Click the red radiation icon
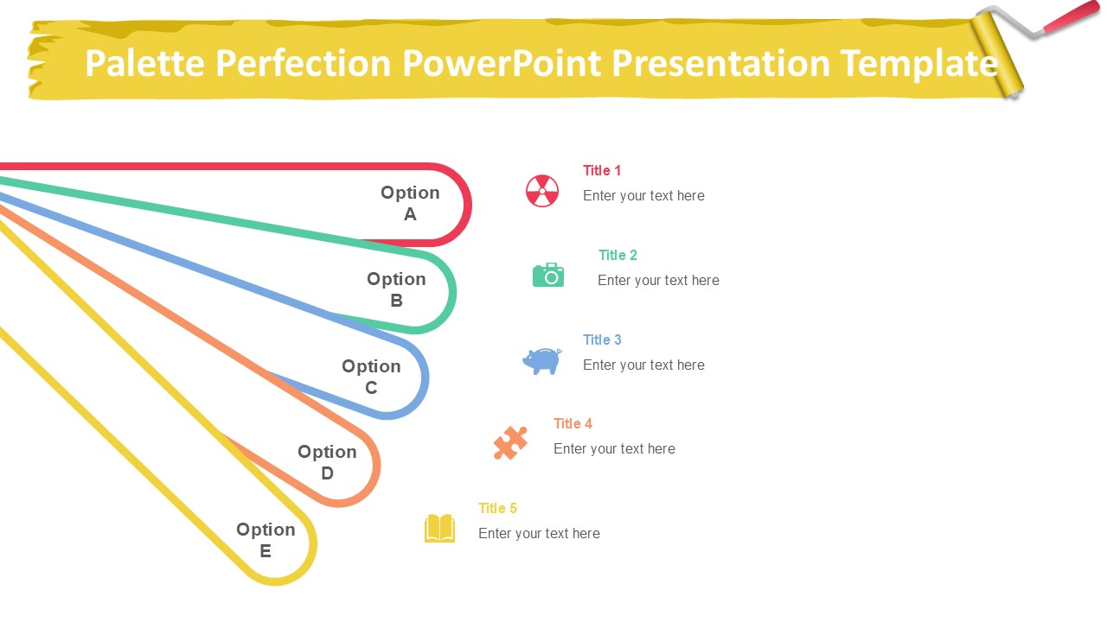[x=542, y=191]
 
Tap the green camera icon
[x=548, y=275]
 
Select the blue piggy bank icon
[x=542, y=361]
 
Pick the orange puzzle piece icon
[x=510, y=443]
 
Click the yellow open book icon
[x=439, y=528]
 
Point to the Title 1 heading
[x=601, y=170]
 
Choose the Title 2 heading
[x=617, y=255]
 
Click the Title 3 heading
[x=602, y=340]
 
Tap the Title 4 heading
[x=573, y=423]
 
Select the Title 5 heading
[x=497, y=508]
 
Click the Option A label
[x=410, y=203]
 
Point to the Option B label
[x=396, y=289]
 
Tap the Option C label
[x=371, y=377]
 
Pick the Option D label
[x=327, y=462]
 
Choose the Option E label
[x=266, y=540]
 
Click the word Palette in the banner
[x=144, y=63]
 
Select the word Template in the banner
[x=918, y=64]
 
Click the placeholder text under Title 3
[x=643, y=365]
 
